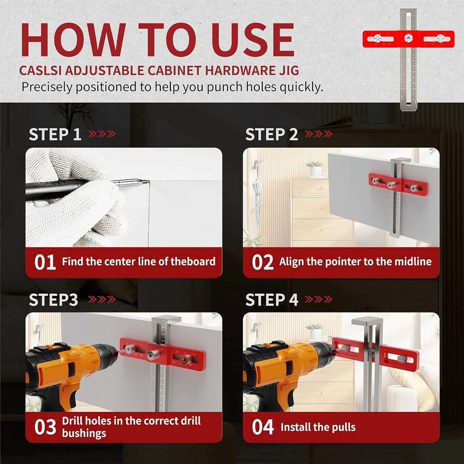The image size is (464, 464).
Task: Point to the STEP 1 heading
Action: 55,134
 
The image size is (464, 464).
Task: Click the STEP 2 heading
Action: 272,134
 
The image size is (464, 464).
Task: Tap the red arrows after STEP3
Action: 102,299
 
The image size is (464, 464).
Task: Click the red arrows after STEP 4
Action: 318,299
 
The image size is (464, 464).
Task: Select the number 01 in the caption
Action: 45,262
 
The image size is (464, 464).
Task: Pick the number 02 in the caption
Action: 263,262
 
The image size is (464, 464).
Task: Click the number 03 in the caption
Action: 45,427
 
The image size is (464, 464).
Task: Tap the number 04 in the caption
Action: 263,427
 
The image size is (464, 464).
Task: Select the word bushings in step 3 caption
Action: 84,433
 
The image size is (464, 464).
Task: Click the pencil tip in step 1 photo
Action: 149,181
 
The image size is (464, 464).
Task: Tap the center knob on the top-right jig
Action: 408,38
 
